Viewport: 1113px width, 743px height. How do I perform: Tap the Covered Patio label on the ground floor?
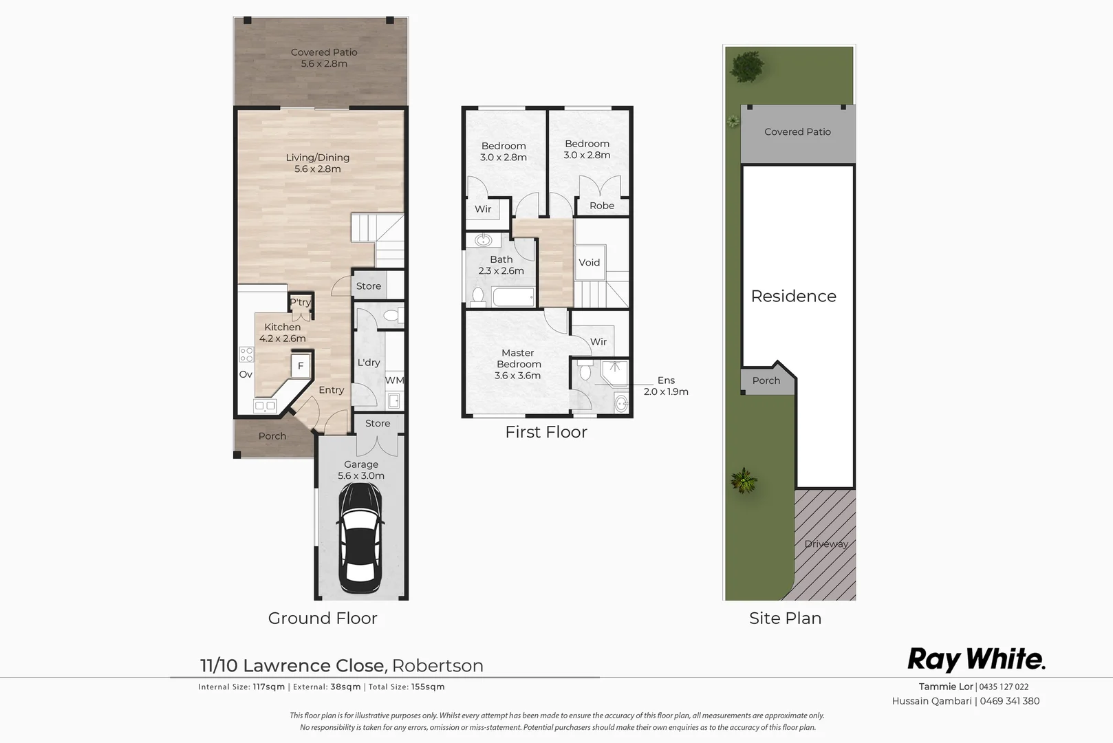pyautogui.click(x=324, y=58)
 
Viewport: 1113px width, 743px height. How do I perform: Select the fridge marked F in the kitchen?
pyautogui.click(x=301, y=366)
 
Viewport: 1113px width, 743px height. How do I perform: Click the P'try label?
pyautogui.click(x=300, y=302)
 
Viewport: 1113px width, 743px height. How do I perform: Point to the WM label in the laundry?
pyautogui.click(x=394, y=380)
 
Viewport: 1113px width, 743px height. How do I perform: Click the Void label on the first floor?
pyautogui.click(x=589, y=262)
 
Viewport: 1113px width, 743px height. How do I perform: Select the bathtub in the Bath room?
pyautogui.click(x=513, y=298)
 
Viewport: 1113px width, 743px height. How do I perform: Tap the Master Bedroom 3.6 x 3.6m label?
pyautogui.click(x=518, y=364)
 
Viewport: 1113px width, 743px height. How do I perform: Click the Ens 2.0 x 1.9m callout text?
pyautogui.click(x=665, y=385)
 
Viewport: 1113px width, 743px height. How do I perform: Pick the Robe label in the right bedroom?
pyautogui.click(x=601, y=205)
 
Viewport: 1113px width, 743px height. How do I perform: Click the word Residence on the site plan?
pyautogui.click(x=793, y=296)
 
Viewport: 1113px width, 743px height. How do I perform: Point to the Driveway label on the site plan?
pyautogui.click(x=825, y=543)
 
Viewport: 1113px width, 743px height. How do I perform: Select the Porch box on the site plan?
pyautogui.click(x=766, y=380)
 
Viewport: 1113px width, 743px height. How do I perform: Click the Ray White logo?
pyautogui.click(x=975, y=659)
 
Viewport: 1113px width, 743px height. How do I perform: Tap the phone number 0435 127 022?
pyautogui.click(x=1004, y=687)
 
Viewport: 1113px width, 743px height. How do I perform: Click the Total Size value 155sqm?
pyautogui.click(x=428, y=687)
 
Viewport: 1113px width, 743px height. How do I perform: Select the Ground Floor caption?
pyautogui.click(x=323, y=618)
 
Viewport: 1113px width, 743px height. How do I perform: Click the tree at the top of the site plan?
pyautogui.click(x=747, y=67)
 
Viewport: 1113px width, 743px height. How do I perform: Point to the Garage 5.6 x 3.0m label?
pyautogui.click(x=361, y=470)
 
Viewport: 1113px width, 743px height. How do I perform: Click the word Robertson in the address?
pyautogui.click(x=437, y=665)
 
